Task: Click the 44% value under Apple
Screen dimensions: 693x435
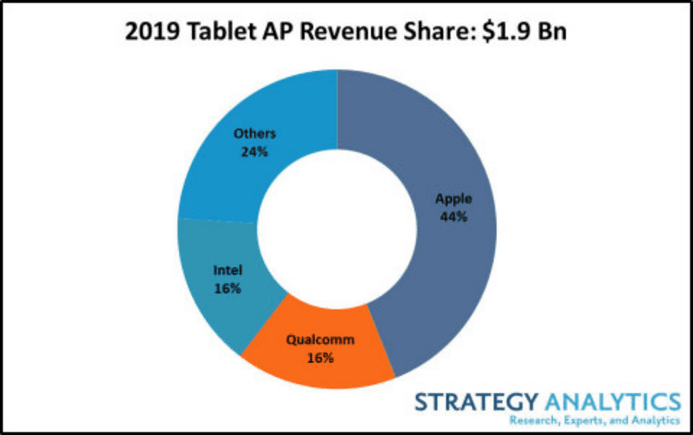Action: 453,217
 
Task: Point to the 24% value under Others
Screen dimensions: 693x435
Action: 254,152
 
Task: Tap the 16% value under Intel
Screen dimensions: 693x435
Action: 228,289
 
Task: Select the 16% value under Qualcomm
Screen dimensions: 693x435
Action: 320,358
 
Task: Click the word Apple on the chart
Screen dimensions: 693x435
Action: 453,199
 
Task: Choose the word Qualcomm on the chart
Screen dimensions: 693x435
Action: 320,340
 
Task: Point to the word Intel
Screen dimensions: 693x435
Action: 228,270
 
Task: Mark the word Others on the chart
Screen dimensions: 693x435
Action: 254,133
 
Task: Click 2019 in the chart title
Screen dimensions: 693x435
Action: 152,32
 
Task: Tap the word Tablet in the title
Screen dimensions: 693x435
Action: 222,32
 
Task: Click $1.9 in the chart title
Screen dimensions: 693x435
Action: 505,32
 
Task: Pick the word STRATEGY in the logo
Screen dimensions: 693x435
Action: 476,402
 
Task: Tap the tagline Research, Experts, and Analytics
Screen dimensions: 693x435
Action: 595,421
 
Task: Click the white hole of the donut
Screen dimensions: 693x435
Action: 337,229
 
